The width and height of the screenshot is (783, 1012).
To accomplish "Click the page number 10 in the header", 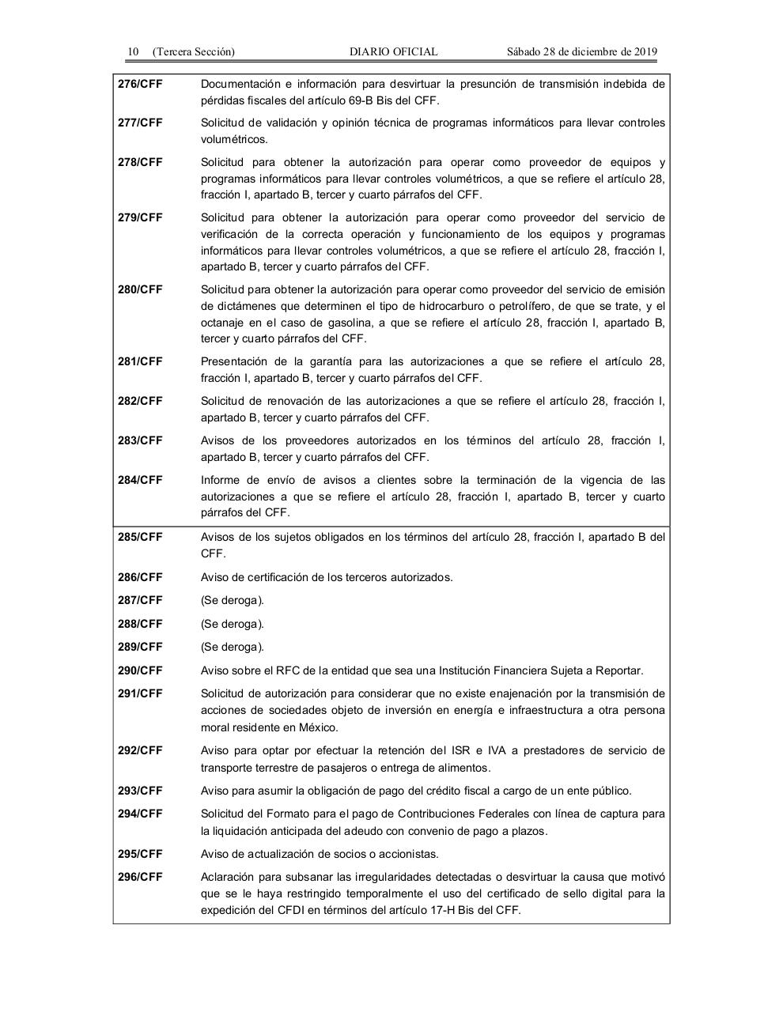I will coord(133,52).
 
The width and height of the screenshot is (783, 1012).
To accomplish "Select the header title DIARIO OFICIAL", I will coord(393,52).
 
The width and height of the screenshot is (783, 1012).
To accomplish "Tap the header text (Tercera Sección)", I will coord(194,52).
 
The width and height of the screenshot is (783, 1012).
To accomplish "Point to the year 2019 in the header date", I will coord(645,52).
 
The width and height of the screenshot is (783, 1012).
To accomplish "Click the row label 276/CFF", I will coord(140,84).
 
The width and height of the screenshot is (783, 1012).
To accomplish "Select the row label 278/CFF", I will coord(140,162).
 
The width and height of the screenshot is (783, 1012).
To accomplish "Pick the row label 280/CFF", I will coord(140,289).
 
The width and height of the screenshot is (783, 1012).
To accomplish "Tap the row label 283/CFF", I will coord(140,440).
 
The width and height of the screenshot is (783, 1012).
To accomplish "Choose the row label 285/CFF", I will coord(140,537).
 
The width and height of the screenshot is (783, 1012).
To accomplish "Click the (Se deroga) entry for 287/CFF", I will coord(233,600).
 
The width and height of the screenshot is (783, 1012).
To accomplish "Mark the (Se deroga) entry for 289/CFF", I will coord(233,647).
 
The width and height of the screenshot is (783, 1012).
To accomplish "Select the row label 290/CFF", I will coord(140,670).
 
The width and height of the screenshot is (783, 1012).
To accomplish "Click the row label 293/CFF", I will coord(140,791).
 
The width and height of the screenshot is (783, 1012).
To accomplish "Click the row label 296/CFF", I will coord(140,877).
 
